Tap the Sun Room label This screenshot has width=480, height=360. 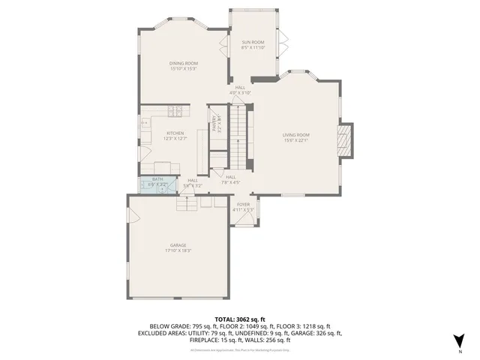pyautogui.click(x=251, y=42)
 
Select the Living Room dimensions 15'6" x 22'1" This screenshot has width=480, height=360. pyautogui.click(x=295, y=140)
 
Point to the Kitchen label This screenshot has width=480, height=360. pyautogui.click(x=175, y=133)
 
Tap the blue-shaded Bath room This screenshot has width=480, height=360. pyautogui.click(x=157, y=183)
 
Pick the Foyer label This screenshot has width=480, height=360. pyautogui.click(x=243, y=204)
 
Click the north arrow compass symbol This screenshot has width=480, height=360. pyautogui.click(x=459, y=340)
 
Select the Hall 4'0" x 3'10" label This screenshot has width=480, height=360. pyautogui.click(x=240, y=88)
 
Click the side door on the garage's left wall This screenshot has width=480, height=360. pyautogui.click(x=132, y=217)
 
